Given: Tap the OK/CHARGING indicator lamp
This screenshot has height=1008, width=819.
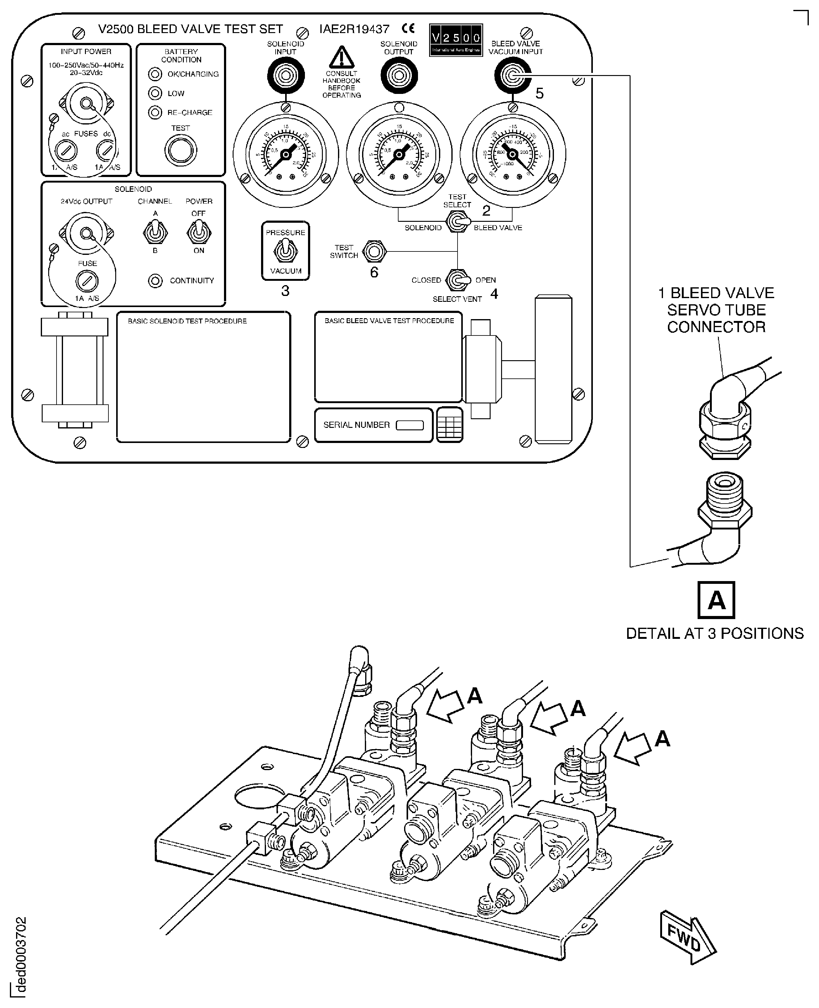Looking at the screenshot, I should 155,74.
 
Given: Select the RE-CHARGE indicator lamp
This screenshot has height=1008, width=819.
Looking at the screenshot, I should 155,112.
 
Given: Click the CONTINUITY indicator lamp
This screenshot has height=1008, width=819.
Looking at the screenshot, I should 155,281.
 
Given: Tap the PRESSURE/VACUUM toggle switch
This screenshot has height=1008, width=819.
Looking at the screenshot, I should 285,251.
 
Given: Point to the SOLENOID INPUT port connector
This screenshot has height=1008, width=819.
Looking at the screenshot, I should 285,75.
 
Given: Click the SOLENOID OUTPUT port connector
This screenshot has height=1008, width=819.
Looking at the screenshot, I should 399,75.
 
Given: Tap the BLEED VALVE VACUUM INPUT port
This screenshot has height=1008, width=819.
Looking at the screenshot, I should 512,75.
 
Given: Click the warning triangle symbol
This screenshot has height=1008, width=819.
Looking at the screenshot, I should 342,57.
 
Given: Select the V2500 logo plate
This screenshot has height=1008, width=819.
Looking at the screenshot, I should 456,40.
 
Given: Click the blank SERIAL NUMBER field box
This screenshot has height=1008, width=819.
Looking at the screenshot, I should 410,425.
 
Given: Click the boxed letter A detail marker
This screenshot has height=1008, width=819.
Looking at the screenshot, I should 716,600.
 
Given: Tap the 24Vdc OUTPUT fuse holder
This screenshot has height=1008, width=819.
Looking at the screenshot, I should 87,282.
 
